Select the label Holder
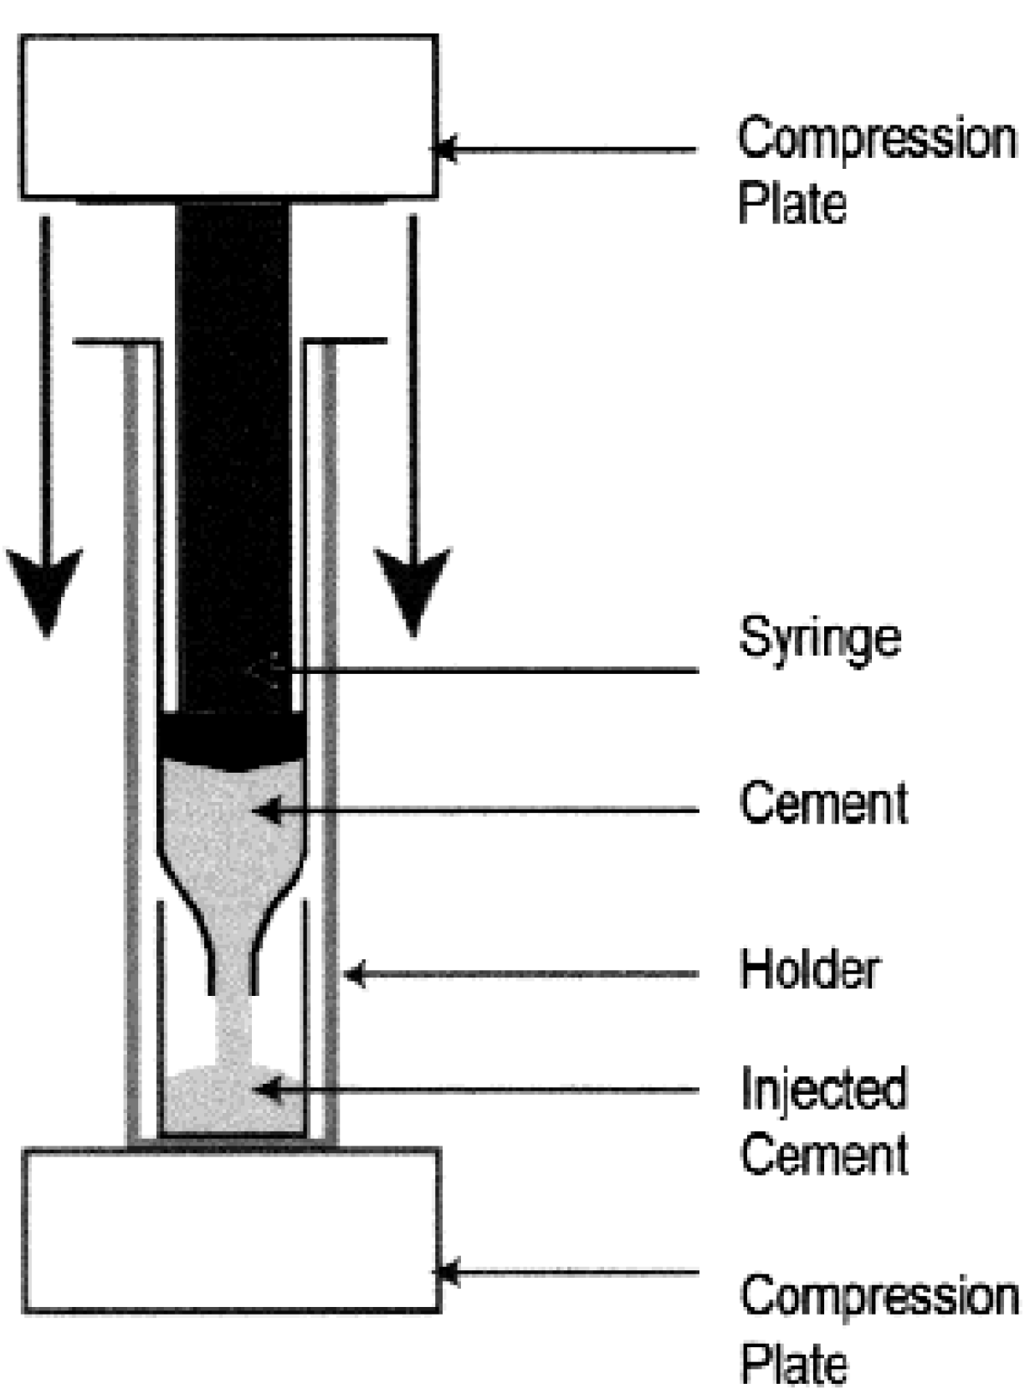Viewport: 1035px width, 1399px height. click(x=809, y=970)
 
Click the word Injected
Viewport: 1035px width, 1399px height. click(x=823, y=1089)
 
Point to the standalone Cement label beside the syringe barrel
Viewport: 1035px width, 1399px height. click(x=823, y=804)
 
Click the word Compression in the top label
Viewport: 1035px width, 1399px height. click(x=876, y=139)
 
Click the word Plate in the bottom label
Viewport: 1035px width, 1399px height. click(x=793, y=1363)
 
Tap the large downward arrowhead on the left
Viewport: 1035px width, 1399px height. click(x=45, y=590)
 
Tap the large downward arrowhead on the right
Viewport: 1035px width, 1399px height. click(x=412, y=590)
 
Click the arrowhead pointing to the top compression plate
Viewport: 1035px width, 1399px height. click(x=443, y=150)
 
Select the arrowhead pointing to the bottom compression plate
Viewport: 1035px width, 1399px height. click(x=447, y=1273)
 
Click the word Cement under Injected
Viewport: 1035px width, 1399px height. click(x=823, y=1155)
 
